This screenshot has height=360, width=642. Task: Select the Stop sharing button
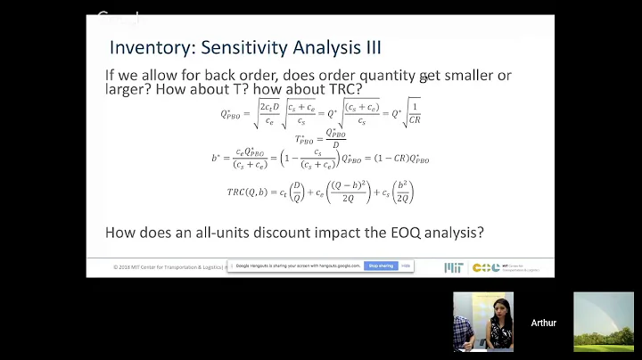point(381,266)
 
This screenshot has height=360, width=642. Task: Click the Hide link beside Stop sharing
point(406,266)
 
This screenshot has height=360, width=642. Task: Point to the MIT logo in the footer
point(453,267)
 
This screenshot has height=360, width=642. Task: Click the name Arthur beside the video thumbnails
point(543,323)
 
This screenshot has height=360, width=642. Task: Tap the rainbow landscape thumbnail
point(604,322)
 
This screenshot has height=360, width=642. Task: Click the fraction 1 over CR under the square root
point(414,115)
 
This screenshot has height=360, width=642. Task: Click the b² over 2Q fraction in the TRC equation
point(401,192)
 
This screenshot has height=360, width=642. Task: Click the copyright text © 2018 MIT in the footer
point(143,266)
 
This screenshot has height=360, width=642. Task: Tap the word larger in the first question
point(128,90)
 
